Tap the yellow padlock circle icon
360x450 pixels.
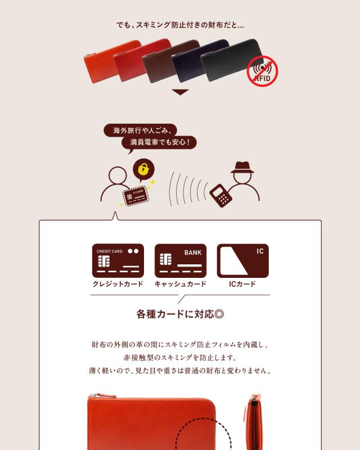[143, 169]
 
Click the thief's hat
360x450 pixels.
[242, 168]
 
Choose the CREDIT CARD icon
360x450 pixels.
[118, 260]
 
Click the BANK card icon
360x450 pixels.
[180, 260]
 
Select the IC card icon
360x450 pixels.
[242, 260]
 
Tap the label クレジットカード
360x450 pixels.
[118, 284]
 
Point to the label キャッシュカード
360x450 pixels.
[180, 284]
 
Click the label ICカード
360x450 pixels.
[242, 284]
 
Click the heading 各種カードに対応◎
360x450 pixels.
[180, 314]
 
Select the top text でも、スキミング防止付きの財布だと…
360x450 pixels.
[180, 25]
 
